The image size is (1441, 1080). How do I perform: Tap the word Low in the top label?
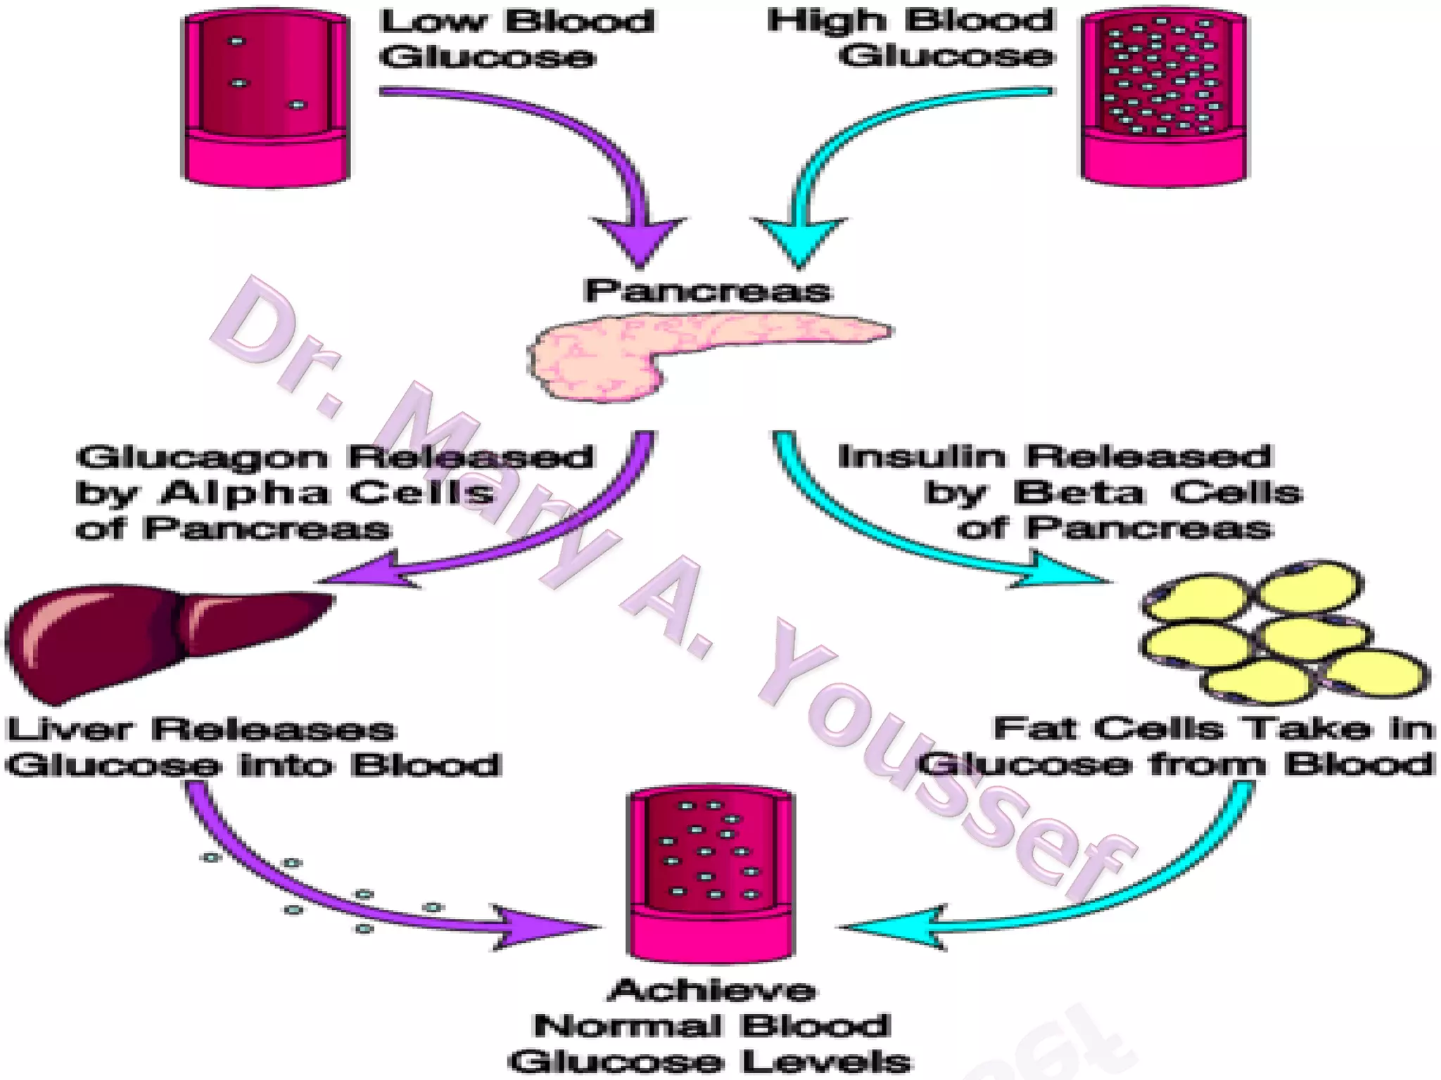pos(433,21)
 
